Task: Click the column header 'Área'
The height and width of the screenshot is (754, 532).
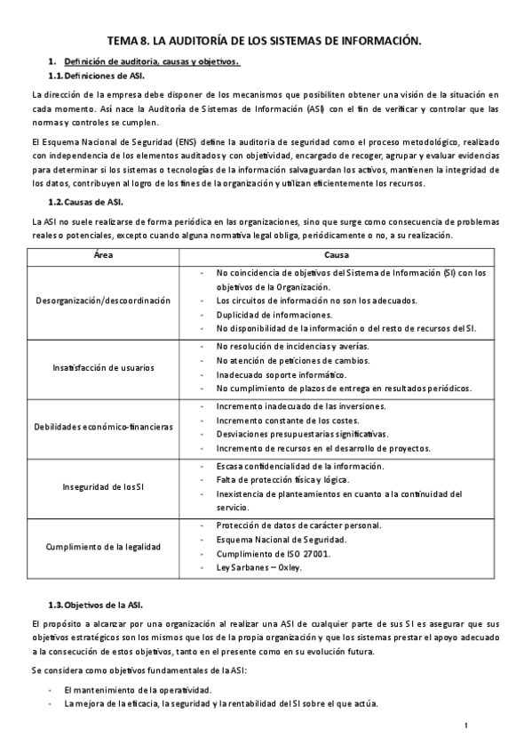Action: (103, 254)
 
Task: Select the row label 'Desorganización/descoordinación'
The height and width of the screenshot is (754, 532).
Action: (103, 301)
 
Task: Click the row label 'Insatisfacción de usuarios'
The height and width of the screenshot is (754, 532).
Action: (103, 367)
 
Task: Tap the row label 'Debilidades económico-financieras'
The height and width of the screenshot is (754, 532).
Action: (103, 427)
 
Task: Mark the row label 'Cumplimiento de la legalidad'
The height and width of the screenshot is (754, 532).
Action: (103, 545)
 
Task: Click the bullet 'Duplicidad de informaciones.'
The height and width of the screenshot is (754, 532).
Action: (274, 315)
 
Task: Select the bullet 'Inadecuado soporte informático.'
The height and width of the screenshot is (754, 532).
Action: (281, 374)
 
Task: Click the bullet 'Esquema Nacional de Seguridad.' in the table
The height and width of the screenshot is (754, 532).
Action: (282, 539)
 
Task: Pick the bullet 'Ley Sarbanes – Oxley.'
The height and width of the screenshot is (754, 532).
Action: (264, 566)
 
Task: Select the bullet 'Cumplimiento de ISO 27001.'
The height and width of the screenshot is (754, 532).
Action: (274, 553)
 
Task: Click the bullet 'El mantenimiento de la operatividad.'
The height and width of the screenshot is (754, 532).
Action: (138, 690)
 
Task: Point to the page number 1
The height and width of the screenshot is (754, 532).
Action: (466, 726)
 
